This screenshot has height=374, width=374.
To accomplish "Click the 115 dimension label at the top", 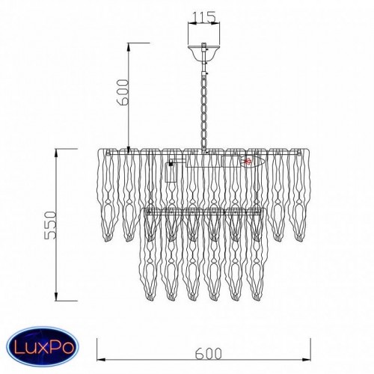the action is pos(204,17).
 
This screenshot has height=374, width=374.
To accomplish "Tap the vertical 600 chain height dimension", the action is pos(128,97).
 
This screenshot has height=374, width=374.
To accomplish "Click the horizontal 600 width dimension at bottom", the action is pos(203,359).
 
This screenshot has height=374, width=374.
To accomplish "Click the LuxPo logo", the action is pos(43,347).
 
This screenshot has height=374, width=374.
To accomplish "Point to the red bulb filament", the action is pos(248,162).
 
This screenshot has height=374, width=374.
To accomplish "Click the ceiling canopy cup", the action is pos(204,53).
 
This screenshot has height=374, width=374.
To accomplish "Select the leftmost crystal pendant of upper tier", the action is pos(108,195).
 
